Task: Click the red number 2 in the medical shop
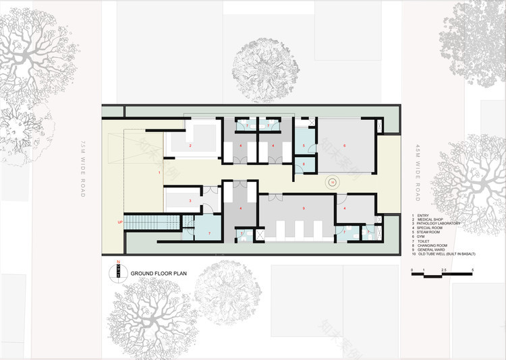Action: tap(190, 146)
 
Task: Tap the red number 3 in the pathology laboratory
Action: tap(190, 201)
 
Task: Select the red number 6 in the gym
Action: tap(344, 146)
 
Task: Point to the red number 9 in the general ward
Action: tap(304, 208)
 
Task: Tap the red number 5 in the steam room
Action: tap(304, 146)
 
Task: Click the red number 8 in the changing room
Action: tap(304, 164)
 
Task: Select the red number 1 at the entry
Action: tap(159, 173)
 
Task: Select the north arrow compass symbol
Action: tap(118, 272)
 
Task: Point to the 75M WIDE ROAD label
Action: tap(83, 169)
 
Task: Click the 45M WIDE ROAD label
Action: tap(418, 173)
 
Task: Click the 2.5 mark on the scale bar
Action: tap(443, 270)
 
